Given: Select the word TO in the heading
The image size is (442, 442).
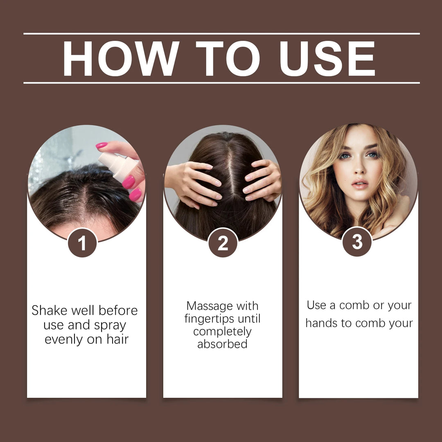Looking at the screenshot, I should [228, 58].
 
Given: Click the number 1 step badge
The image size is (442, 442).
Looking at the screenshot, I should [82, 243].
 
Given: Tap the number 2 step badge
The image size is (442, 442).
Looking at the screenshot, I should [223, 243].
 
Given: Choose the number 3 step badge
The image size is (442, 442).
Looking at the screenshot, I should [357, 242].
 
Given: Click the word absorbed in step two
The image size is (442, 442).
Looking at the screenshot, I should [222, 344].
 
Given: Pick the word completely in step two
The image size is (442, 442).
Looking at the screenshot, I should [222, 331].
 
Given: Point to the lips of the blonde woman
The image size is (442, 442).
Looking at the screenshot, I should [360, 183].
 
